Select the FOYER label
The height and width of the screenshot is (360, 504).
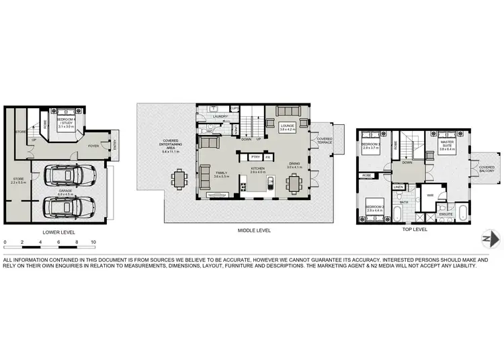[x=93, y=146]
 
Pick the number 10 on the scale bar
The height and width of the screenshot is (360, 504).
[x=93, y=241]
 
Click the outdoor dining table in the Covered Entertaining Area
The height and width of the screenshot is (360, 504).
[x=179, y=179]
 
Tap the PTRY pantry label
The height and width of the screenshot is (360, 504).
[x=255, y=156]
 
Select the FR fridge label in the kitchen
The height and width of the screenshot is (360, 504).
[x=267, y=156]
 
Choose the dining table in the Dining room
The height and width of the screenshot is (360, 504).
[x=294, y=183]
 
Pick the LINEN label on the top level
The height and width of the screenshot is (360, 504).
[x=398, y=187]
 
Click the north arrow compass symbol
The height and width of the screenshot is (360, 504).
[x=491, y=238]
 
